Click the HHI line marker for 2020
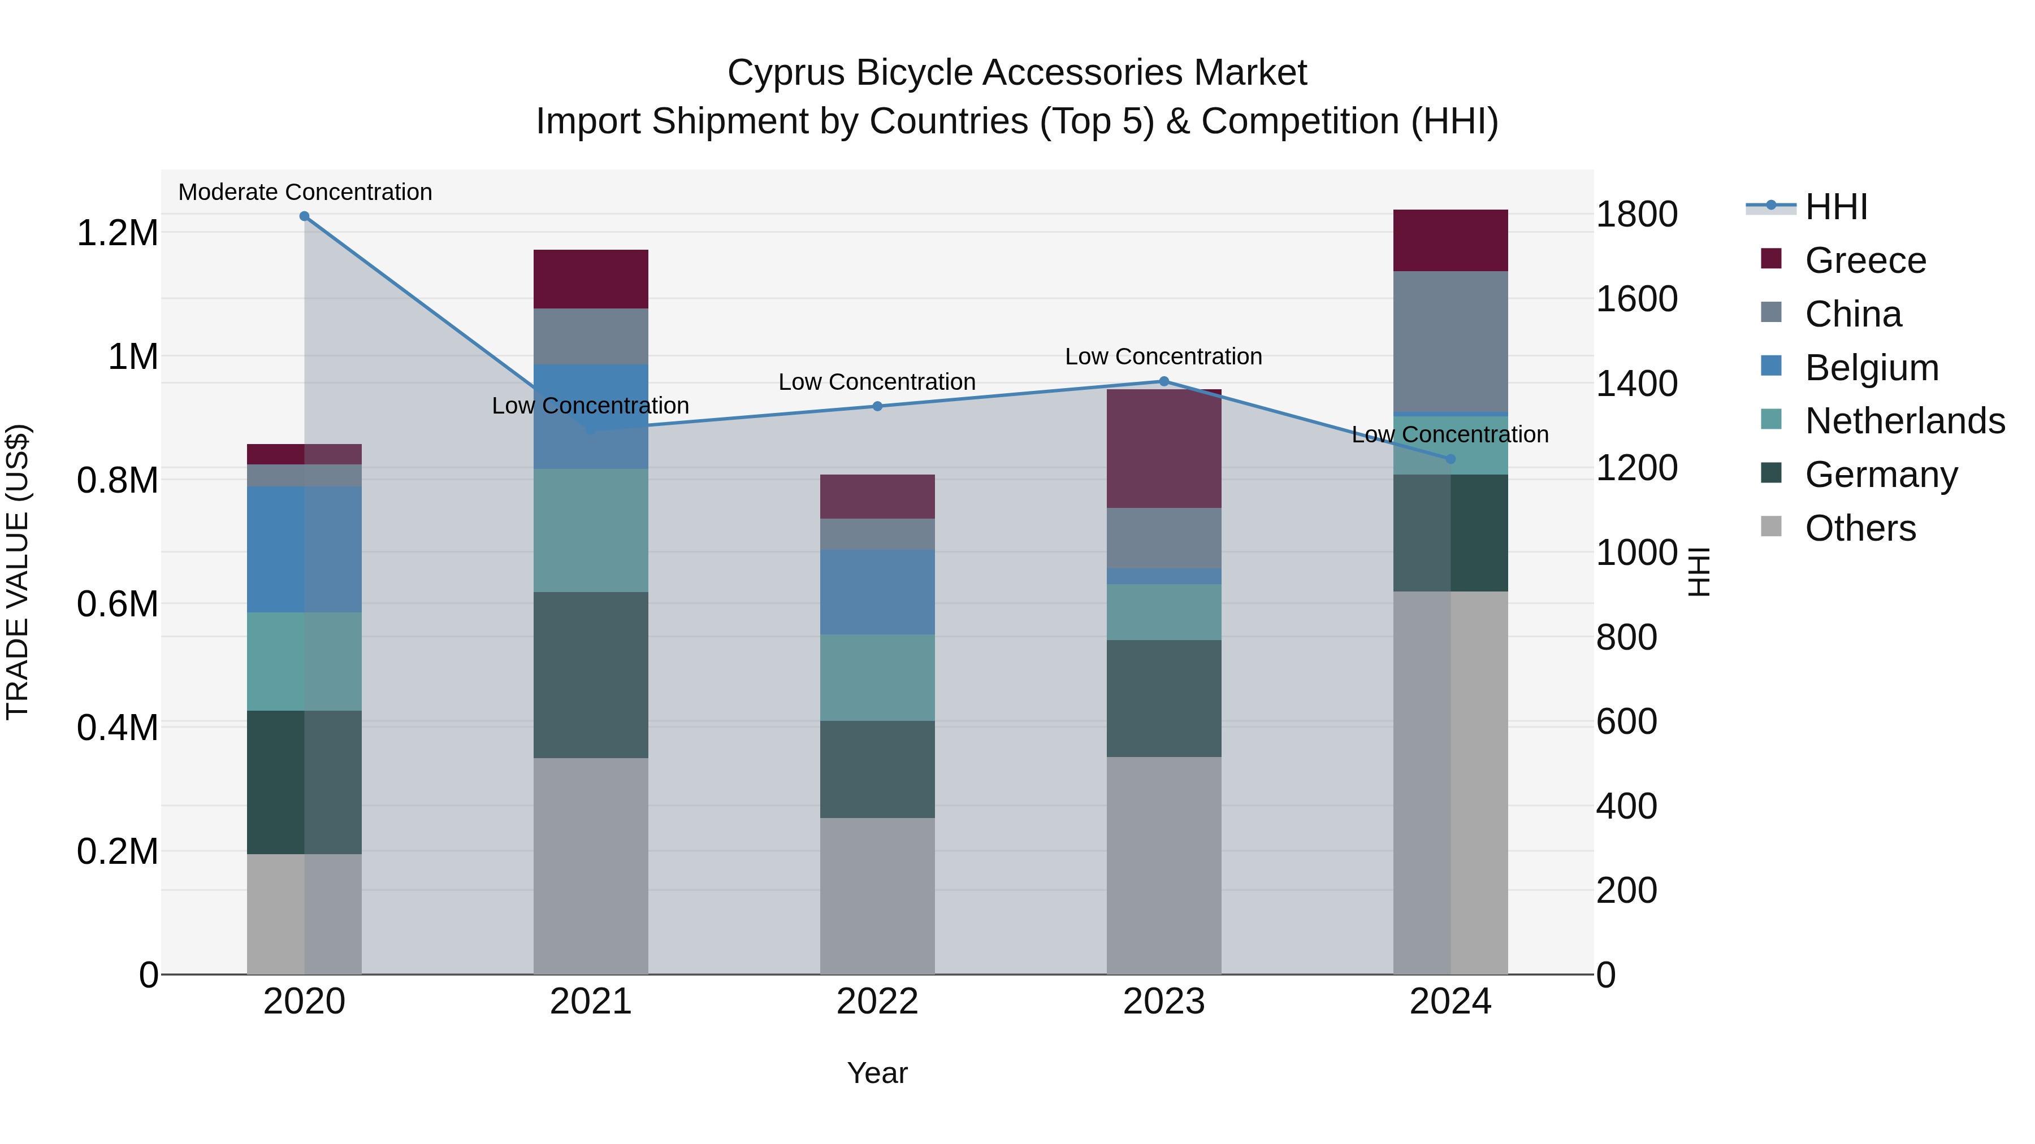point(304,216)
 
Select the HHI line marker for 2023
point(1164,381)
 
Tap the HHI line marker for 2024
point(1451,459)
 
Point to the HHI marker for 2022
point(877,407)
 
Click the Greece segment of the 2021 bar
point(591,279)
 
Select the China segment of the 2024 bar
point(1451,341)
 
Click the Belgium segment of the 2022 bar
point(877,592)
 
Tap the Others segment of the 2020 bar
point(304,914)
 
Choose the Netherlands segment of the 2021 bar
point(591,530)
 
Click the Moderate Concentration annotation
point(305,192)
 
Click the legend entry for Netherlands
point(1904,421)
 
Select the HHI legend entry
point(1835,207)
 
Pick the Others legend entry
point(1860,528)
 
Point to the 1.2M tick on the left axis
point(117,233)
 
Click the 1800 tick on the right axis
point(1636,214)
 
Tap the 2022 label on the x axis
point(877,1002)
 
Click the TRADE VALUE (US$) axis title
point(18,572)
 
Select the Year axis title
point(877,1073)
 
